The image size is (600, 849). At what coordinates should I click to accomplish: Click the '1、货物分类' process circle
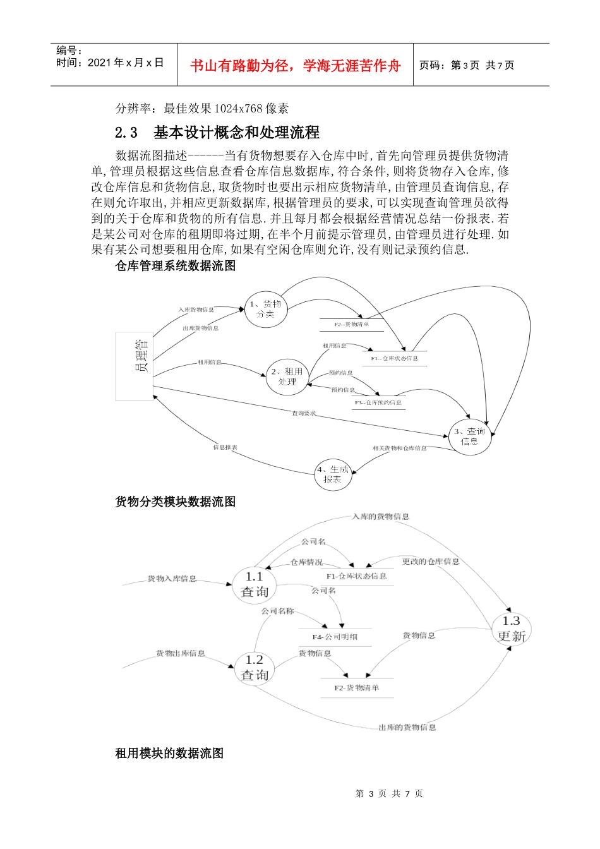click(x=265, y=309)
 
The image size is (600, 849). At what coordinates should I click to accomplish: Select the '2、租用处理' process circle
click(x=287, y=377)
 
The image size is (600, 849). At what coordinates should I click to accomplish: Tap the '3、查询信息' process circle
click(x=469, y=437)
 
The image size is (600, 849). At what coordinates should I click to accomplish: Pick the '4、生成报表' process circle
click(x=333, y=474)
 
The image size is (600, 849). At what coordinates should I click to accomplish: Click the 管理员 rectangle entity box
click(x=135, y=366)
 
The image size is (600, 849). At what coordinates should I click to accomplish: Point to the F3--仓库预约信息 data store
click(x=378, y=402)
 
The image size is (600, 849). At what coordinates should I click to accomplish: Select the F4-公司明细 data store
click(x=335, y=637)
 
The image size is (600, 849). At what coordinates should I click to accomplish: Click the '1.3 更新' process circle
click(x=511, y=629)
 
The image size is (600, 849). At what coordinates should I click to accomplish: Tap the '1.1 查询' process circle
click(x=255, y=584)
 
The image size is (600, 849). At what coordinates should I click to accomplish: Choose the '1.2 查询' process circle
click(x=255, y=668)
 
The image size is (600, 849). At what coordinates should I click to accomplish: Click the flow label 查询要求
click(x=303, y=413)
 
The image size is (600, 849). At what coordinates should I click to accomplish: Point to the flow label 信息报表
click(x=225, y=447)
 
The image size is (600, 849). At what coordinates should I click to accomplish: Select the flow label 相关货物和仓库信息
click(x=399, y=449)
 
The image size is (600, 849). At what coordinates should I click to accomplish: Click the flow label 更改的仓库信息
click(x=431, y=562)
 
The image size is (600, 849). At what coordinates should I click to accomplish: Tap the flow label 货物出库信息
click(x=181, y=653)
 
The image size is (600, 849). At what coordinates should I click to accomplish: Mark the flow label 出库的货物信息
click(x=407, y=728)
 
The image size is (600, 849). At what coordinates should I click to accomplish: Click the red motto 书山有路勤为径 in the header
click(x=296, y=66)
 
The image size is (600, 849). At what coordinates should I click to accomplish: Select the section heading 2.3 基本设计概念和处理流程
click(x=217, y=133)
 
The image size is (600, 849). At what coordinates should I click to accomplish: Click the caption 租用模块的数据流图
click(x=169, y=753)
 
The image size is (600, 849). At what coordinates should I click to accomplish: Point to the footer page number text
click(x=389, y=793)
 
